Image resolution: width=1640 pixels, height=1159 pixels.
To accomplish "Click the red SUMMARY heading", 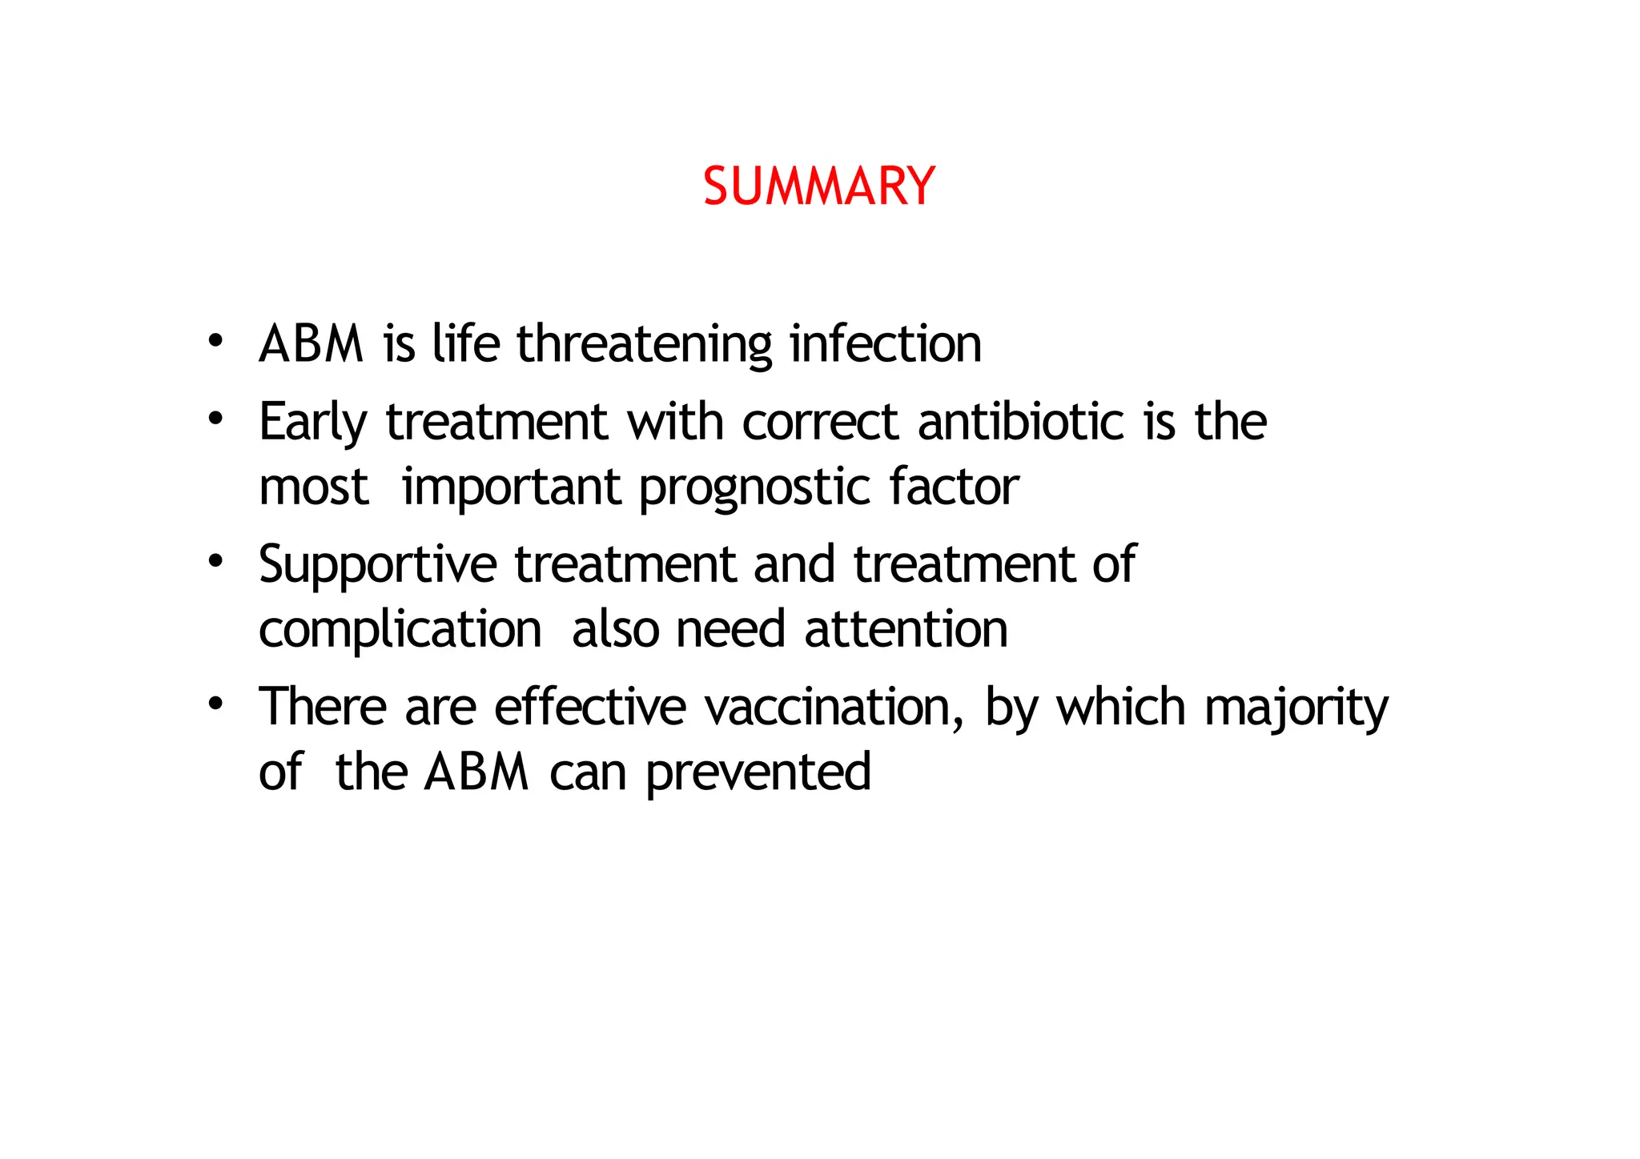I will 818,186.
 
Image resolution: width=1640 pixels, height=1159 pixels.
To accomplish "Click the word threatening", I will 644,344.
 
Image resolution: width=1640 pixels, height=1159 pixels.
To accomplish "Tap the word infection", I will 885,344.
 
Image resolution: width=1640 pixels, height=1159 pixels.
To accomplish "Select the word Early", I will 313,422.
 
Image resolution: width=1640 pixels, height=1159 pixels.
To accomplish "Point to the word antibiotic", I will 1020,422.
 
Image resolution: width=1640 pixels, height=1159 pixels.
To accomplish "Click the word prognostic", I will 754,487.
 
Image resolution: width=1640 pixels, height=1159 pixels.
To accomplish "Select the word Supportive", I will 377,565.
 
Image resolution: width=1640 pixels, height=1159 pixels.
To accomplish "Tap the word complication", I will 400,630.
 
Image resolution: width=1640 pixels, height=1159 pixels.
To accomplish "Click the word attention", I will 906,629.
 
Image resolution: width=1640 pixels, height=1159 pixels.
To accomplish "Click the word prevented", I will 758,773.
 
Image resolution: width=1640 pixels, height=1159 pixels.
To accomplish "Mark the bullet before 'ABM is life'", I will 215,339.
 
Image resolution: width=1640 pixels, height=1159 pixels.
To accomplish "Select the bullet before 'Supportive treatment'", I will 215,560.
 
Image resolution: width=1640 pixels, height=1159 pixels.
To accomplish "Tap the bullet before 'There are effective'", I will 215,704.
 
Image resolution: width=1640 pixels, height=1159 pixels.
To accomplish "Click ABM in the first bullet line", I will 312,344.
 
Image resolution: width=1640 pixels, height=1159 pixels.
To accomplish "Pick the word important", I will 511,487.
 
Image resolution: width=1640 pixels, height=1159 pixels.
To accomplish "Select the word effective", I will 589,708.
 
